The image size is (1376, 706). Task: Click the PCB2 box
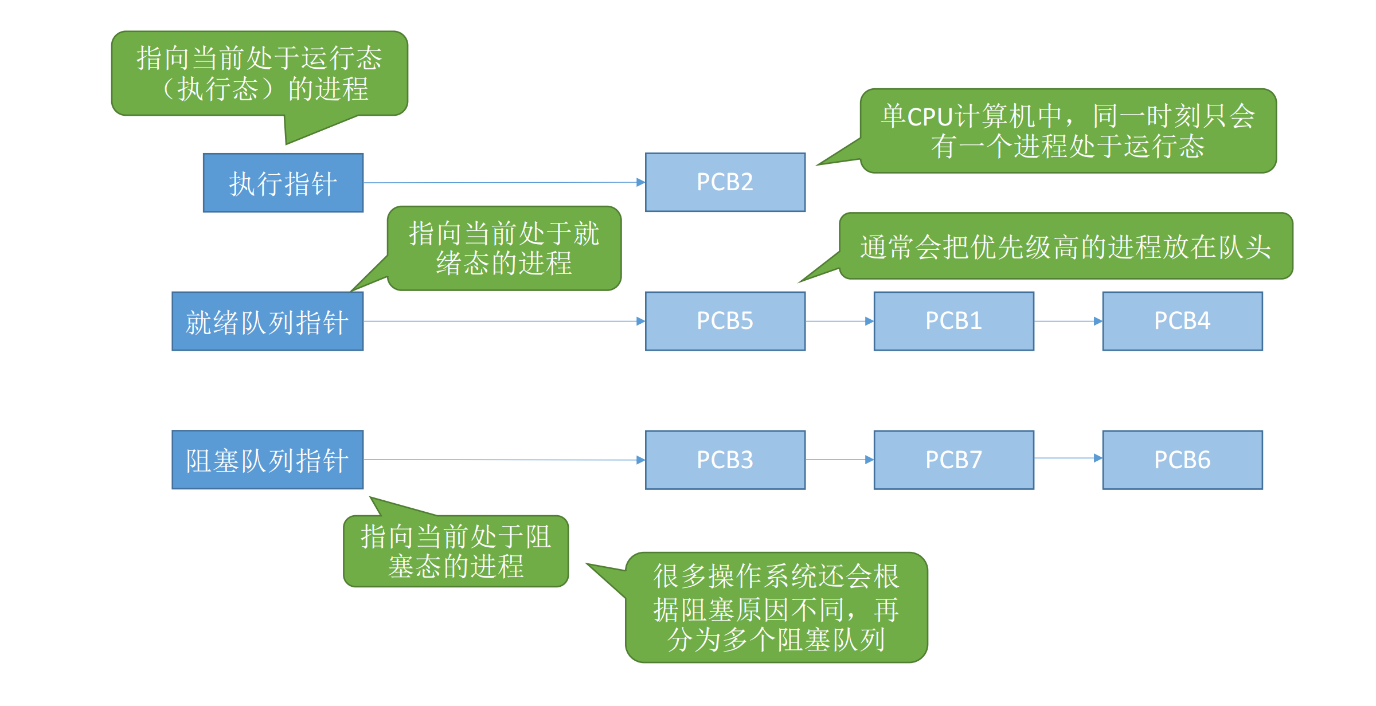pyautogui.click(x=725, y=182)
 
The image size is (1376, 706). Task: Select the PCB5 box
pyautogui.click(x=725, y=321)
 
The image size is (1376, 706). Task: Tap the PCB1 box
pyautogui.click(x=953, y=321)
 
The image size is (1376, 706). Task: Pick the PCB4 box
pyautogui.click(x=1182, y=321)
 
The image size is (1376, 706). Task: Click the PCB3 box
pyautogui.click(x=725, y=460)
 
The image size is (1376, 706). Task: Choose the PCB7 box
pyautogui.click(x=953, y=460)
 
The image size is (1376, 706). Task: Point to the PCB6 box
pyautogui.click(x=1182, y=460)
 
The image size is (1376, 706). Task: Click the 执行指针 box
pyautogui.click(x=283, y=183)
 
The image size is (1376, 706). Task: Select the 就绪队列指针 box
pyautogui.click(x=267, y=321)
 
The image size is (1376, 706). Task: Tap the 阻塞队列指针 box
pyautogui.click(x=267, y=460)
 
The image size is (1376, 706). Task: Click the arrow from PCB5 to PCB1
pyautogui.click(x=839, y=321)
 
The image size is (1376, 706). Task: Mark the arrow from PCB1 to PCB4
pyautogui.click(x=1068, y=321)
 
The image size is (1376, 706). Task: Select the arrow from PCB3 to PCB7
pyautogui.click(x=839, y=460)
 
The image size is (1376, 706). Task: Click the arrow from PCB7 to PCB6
pyautogui.click(x=1068, y=458)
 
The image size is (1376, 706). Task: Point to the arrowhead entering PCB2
pyautogui.click(x=640, y=182)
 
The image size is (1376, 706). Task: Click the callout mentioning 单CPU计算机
pyautogui.click(x=1068, y=131)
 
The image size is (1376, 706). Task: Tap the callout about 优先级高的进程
pyautogui.click(x=1065, y=246)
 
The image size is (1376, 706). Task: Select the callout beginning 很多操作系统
pyautogui.click(x=776, y=607)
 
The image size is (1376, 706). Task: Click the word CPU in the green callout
pyautogui.click(x=929, y=117)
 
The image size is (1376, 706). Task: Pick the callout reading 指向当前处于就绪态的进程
pyautogui.click(x=503, y=248)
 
